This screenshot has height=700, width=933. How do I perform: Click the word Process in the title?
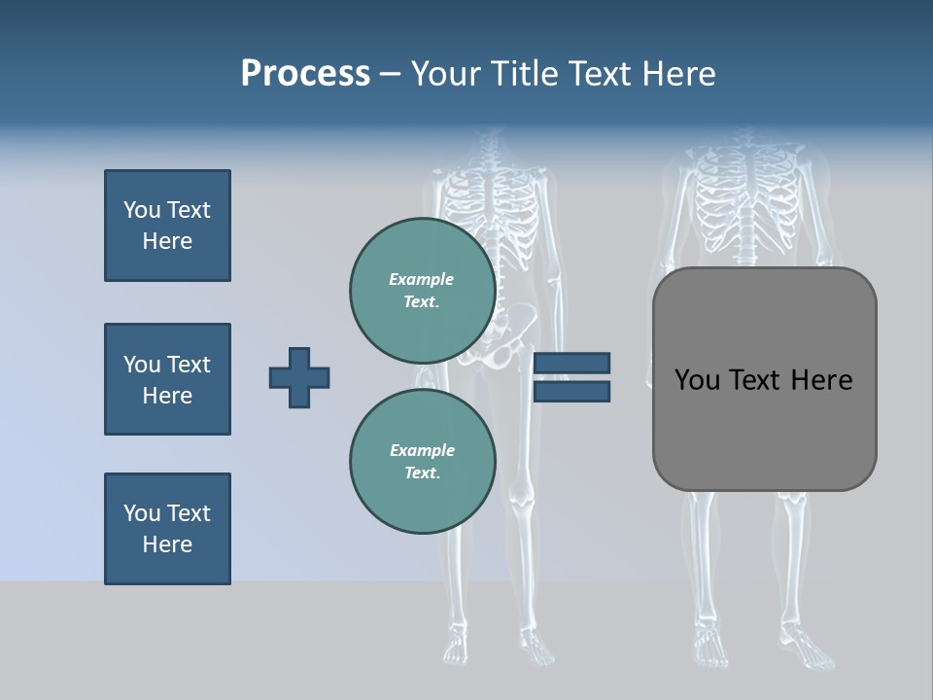coord(305,74)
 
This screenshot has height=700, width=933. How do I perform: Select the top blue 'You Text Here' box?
coord(167,226)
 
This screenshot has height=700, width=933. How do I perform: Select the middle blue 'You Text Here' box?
coord(167,379)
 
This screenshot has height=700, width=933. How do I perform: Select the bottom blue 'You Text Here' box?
coord(167,529)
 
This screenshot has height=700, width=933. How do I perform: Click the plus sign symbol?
coord(299,377)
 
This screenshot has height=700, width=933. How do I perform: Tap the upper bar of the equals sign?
coord(571,363)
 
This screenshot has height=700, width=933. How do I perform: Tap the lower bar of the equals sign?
coord(571,391)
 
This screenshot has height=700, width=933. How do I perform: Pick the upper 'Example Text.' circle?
coord(422,290)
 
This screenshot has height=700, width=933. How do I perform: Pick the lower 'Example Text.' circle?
coord(422,461)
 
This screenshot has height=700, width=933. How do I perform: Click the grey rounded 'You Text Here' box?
coord(764,428)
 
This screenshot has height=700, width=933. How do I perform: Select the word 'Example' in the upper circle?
coord(422,279)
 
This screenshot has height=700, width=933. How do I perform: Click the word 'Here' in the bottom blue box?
coord(167,544)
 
